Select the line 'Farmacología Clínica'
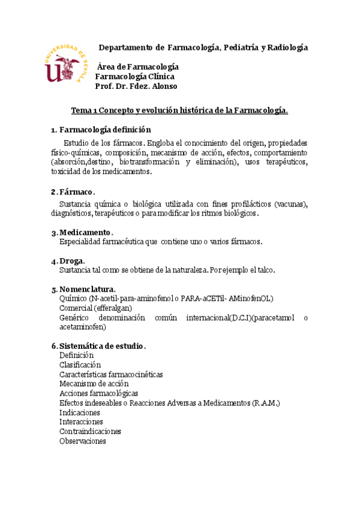tap(135, 76)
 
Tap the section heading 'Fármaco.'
tap(76, 191)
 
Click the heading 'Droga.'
tap(72, 261)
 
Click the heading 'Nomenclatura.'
tap(88, 289)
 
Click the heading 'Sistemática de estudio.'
tap(103, 346)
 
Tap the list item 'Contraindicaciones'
tap(90, 431)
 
